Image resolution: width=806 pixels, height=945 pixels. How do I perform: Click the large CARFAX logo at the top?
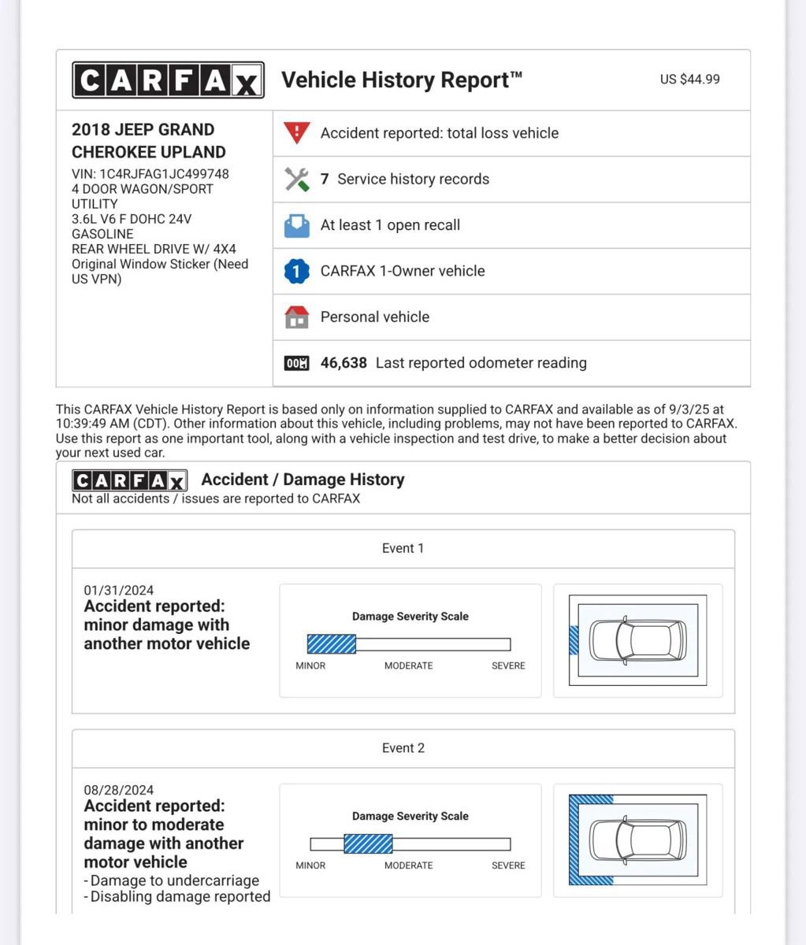(168, 80)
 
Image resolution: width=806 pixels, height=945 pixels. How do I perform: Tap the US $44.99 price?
(689, 79)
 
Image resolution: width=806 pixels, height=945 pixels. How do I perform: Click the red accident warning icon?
(297, 132)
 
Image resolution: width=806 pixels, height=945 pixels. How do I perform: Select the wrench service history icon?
(297, 179)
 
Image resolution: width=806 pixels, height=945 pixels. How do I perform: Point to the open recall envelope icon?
(297, 225)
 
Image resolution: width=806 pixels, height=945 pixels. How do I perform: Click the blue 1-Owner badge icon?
(296, 271)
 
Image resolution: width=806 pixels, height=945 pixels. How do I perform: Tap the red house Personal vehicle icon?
(297, 317)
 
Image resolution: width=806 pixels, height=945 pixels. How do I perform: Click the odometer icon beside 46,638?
(297, 363)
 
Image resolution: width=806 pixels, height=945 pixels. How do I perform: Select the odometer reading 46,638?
(344, 363)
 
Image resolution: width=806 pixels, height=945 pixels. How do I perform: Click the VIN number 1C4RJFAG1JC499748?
(164, 174)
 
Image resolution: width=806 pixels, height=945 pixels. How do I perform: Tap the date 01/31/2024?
(119, 591)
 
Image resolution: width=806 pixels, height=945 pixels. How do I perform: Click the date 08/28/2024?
(119, 790)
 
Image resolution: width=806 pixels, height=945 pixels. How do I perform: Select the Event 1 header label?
(403, 548)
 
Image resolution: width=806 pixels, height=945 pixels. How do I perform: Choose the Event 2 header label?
(403, 748)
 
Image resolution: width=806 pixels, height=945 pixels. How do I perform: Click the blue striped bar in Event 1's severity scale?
(332, 645)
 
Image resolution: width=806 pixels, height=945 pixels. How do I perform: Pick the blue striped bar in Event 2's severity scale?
(368, 844)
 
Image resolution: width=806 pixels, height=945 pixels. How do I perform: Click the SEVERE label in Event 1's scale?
(508, 665)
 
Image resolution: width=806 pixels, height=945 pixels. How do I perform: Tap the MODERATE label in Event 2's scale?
(408, 865)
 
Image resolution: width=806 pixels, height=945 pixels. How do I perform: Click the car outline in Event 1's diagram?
(638, 640)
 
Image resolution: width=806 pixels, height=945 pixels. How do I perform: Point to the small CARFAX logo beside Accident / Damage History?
(129, 480)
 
